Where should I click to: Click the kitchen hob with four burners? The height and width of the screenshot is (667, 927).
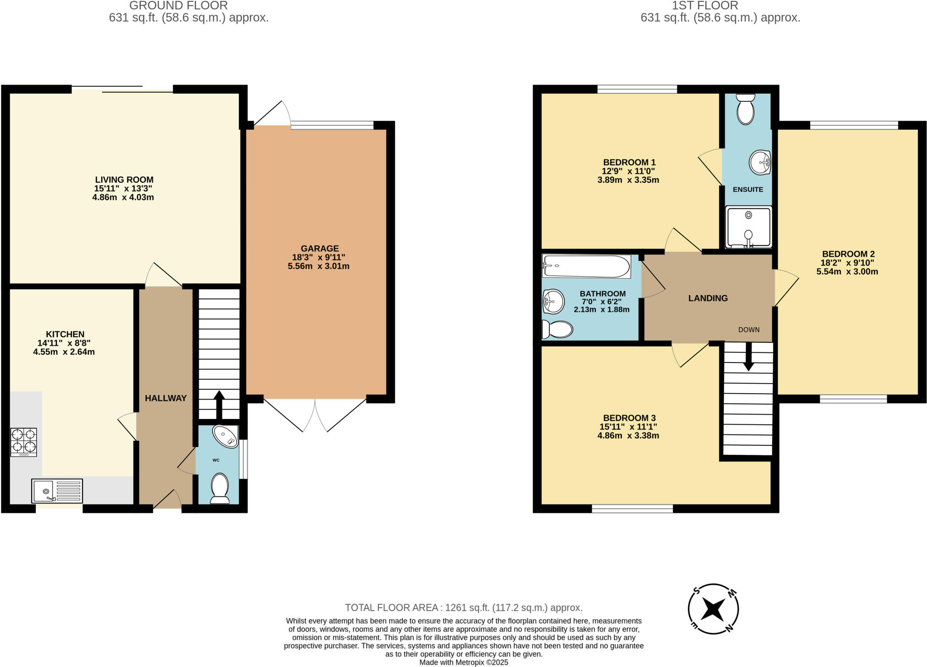coord(24,442)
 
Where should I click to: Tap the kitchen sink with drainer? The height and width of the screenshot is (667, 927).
coord(57,491)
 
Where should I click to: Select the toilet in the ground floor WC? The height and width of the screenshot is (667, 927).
coord(220,488)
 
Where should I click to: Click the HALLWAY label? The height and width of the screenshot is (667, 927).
coord(166,398)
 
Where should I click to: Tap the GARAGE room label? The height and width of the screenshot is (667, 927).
coord(320,248)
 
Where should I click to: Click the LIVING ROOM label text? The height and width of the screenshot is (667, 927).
coord(124,180)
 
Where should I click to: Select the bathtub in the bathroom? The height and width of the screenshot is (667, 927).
coord(587,267)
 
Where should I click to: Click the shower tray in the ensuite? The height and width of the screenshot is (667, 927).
coord(748,227)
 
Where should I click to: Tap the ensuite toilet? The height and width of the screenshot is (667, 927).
coord(745,109)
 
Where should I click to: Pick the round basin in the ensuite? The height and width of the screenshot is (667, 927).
coord(760,162)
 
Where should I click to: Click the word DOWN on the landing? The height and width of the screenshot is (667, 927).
coord(749,330)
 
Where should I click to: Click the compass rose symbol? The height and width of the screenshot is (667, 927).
coord(713,609)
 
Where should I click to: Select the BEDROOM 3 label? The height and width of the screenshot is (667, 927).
coord(629,418)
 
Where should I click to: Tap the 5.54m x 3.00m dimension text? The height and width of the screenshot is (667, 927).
coord(847,272)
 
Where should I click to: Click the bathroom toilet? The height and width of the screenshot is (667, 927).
coord(557,329)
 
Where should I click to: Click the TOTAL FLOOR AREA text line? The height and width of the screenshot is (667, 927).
coord(463,608)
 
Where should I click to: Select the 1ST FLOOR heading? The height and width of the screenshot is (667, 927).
coord(705,5)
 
